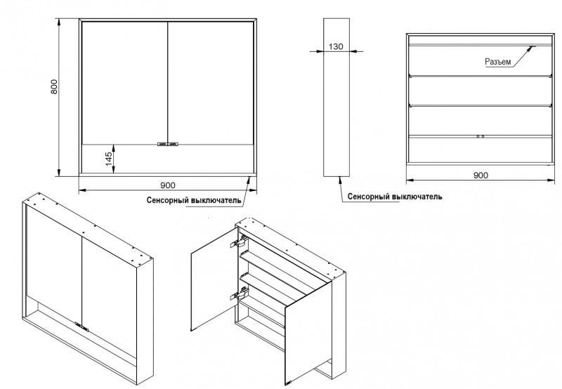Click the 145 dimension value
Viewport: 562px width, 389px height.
pyautogui.click(x=109, y=159)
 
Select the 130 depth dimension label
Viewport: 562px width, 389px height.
pyautogui.click(x=336, y=46)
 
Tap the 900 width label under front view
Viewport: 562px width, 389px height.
pyautogui.click(x=167, y=185)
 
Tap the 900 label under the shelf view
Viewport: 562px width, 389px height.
pyautogui.click(x=481, y=175)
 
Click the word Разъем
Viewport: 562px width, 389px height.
pyautogui.click(x=498, y=62)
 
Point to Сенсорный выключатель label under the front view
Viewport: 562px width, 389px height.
pyautogui.click(x=195, y=200)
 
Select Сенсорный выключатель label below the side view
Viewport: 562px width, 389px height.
pyautogui.click(x=395, y=197)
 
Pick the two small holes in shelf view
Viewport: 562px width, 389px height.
pyautogui.click(x=481, y=136)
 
